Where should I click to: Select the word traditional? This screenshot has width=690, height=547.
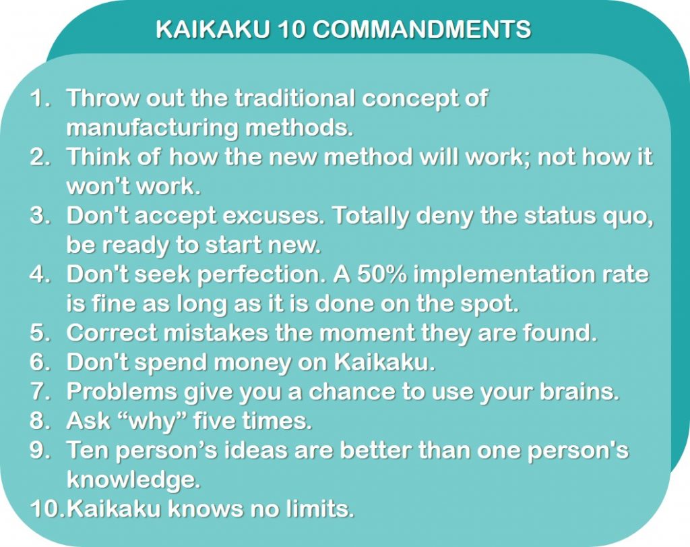295,98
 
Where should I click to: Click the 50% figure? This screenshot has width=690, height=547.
377,275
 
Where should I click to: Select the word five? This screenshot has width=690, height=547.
216,422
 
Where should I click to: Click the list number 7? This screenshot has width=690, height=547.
40,392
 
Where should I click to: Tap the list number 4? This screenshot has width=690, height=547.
40,275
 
